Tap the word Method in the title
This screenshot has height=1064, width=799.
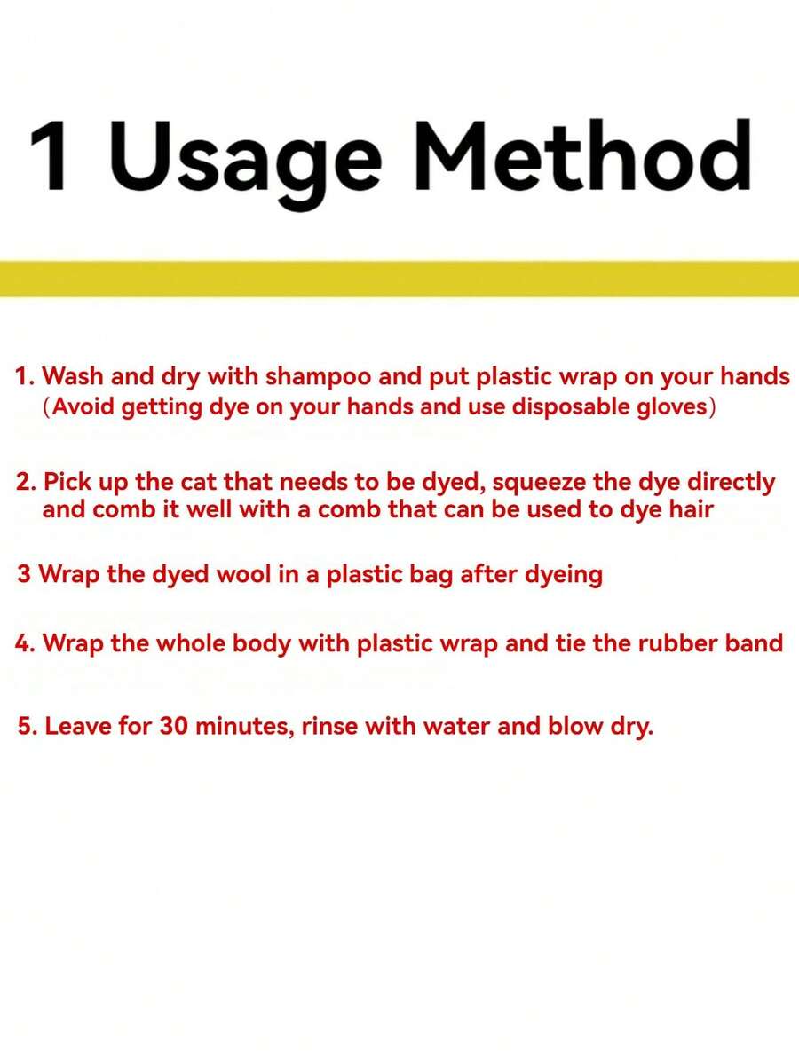(x=583, y=156)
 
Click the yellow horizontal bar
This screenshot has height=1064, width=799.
(x=399, y=279)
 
